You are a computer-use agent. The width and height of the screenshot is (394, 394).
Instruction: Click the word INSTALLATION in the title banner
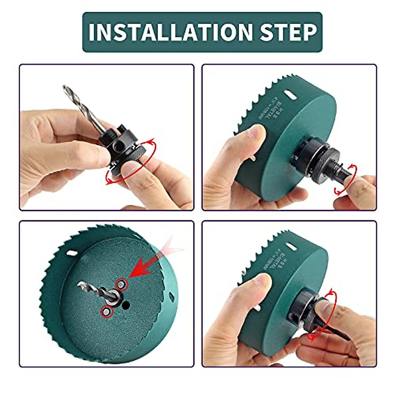click(171, 32)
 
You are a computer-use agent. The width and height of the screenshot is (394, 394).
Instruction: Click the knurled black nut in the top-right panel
click(328, 161)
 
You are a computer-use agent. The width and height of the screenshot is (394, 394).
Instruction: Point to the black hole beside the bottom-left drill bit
click(125, 305)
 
